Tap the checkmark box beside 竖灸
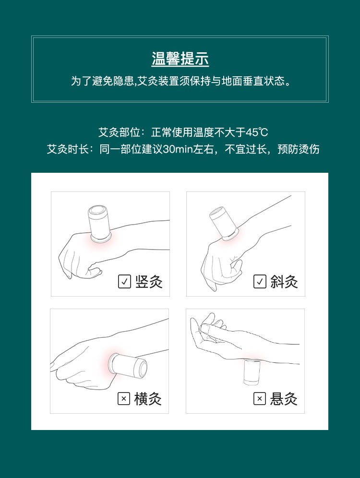pyautogui.click(x=124, y=281)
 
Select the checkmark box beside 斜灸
pyautogui.click(x=260, y=281)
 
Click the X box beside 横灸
pyautogui.click(x=124, y=398)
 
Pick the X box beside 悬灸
pyautogui.click(x=259, y=398)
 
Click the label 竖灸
pyautogui.click(x=149, y=282)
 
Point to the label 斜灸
pyautogui.click(x=284, y=282)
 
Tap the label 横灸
pyautogui.click(x=148, y=399)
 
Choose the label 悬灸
pyautogui.click(x=284, y=399)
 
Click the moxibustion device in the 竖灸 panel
pyautogui.click(x=99, y=224)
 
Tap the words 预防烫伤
pyautogui.click(x=299, y=149)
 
